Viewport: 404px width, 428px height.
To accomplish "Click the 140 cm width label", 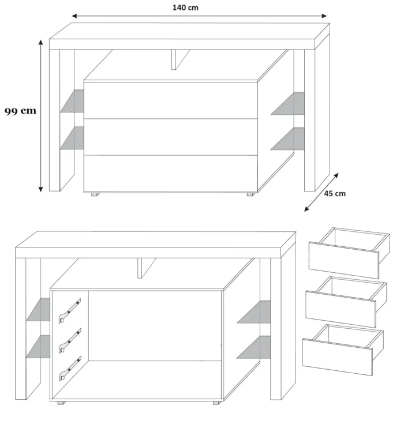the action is tap(185, 7).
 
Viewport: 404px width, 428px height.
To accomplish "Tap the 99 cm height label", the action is tap(20, 111).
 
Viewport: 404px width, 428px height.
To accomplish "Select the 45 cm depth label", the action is tap(335, 194).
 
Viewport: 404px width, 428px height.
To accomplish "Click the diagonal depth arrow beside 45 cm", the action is tap(321, 192).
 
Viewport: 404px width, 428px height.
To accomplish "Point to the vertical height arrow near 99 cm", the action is tap(41, 116).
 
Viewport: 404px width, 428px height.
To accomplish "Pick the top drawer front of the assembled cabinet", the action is tap(171, 100).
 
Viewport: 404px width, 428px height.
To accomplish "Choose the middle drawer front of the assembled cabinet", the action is tap(171, 137).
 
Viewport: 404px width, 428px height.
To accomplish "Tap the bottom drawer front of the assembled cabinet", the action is tap(171, 174).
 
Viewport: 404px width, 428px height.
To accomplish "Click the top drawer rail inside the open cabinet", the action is tap(70, 311).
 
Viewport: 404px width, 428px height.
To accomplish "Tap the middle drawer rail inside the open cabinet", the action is tap(70, 341).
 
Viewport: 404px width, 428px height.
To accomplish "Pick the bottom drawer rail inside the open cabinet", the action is tap(70, 369).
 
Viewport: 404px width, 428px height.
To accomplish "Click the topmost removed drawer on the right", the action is tap(349, 253).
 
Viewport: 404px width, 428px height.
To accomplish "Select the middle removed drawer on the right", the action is tap(346, 302).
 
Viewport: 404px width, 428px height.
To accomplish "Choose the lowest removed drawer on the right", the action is tap(343, 350).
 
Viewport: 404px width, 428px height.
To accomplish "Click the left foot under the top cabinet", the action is tap(95, 194).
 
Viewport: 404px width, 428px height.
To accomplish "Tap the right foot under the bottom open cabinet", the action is tap(216, 403).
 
